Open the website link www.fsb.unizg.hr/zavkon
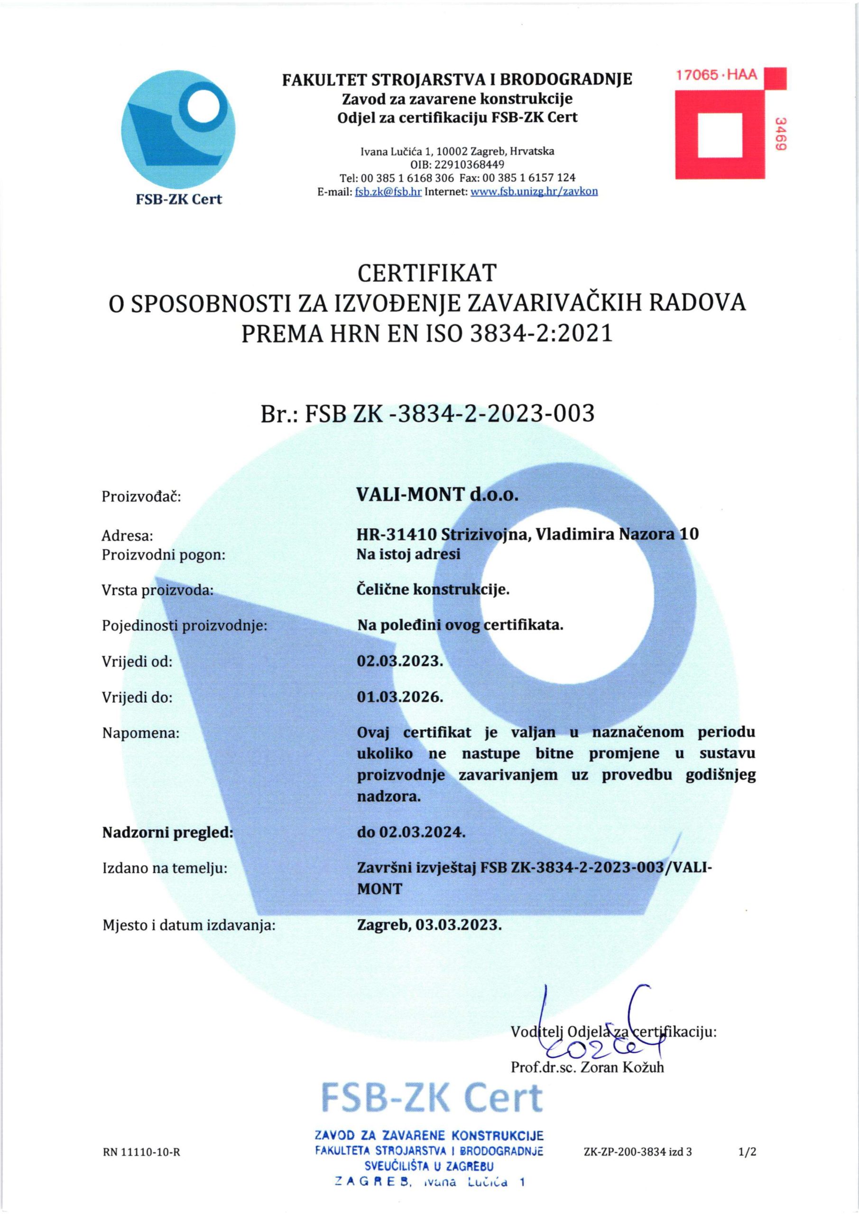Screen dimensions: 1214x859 point(534,192)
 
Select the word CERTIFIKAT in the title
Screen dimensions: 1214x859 point(427,273)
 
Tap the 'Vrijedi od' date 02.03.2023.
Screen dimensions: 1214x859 point(400,661)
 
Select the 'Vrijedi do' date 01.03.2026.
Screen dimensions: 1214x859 point(400,697)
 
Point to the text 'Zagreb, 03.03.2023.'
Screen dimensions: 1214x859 point(429,925)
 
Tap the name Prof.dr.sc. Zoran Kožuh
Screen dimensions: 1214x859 point(587,1067)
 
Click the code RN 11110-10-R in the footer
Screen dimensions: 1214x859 point(141,1151)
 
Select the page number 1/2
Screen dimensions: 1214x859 point(748,1151)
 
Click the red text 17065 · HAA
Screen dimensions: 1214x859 point(717,75)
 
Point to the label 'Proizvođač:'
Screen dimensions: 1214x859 point(141,497)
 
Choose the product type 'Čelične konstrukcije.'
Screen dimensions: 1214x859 point(433,589)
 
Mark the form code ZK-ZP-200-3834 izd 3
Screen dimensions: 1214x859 point(638,1151)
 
